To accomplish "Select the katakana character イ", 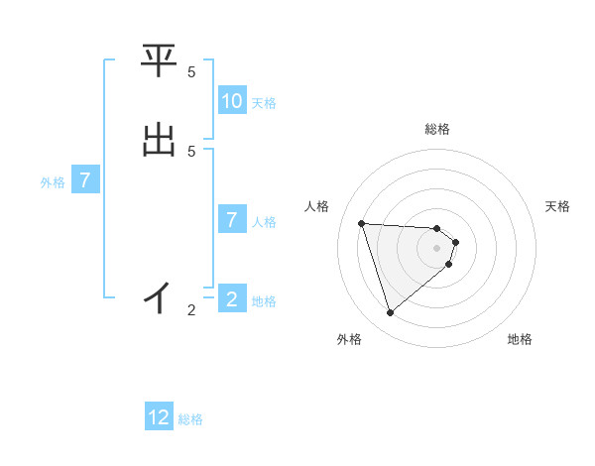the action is click(159, 296).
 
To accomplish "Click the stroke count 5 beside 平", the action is click(191, 72).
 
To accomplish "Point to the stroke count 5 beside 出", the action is click(191, 151).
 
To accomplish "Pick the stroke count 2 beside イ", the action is click(191, 310).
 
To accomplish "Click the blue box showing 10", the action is click(232, 101).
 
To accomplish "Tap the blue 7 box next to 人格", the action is click(232, 220).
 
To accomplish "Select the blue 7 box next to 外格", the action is click(85, 180).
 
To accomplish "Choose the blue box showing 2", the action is click(232, 299).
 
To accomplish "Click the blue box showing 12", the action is click(159, 417).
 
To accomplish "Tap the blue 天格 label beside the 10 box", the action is click(264, 102).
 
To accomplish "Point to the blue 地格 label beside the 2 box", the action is click(264, 301).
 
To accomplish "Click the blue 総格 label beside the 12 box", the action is click(190, 419).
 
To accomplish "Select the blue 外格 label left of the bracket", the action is click(53, 182).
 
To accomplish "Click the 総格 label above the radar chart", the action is click(437, 129).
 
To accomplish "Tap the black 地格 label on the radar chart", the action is click(520, 339).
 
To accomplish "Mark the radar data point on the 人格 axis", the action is click(362, 223).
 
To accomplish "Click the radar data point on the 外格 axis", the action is click(391, 312).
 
